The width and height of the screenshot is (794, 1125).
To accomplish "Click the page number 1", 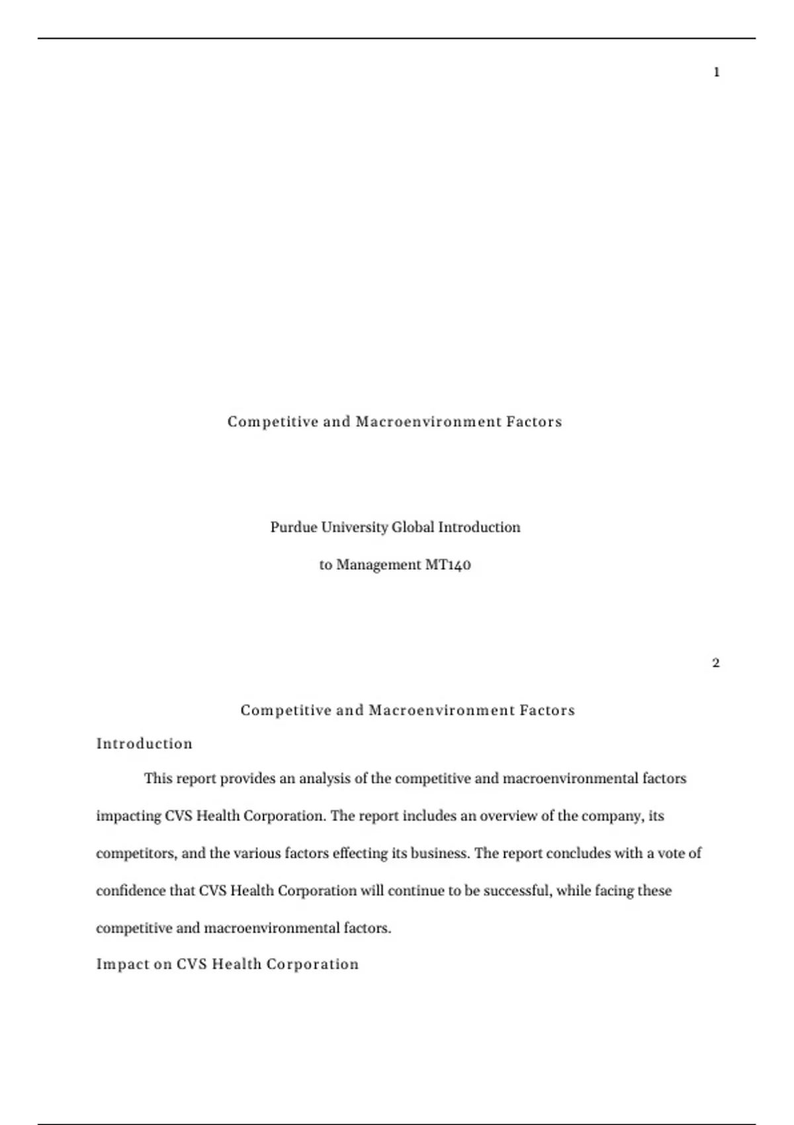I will point(717,72).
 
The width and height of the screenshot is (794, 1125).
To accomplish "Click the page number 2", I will point(716,663).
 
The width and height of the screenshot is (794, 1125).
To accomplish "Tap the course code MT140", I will point(447,565).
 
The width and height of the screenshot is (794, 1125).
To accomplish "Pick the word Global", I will point(413,527).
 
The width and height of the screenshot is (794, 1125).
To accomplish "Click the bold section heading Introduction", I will point(144,744).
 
